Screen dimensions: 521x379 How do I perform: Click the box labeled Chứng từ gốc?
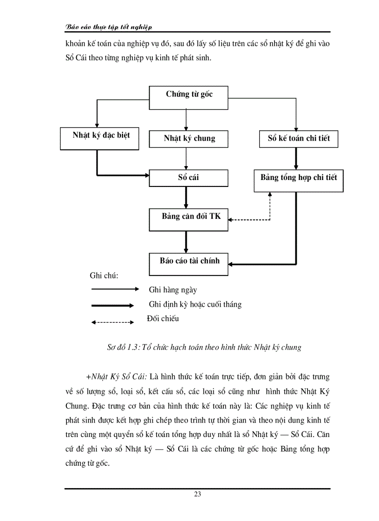[x=189, y=97]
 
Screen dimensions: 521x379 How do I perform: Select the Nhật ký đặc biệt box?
[x=100, y=138]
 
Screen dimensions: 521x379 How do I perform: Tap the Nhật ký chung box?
[x=189, y=139]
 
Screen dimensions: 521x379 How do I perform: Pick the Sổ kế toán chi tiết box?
[x=298, y=139]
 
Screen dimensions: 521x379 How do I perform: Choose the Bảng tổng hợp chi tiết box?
[x=298, y=180]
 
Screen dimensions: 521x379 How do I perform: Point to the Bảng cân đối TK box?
[x=189, y=219]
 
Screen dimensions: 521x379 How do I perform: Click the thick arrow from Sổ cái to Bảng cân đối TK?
[x=186, y=197]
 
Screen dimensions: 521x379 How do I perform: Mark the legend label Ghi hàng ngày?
[x=173, y=290]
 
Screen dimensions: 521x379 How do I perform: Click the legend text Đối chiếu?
[x=162, y=319]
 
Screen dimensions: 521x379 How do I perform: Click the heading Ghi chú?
[x=104, y=276]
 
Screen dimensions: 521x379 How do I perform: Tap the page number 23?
[x=197, y=495]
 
